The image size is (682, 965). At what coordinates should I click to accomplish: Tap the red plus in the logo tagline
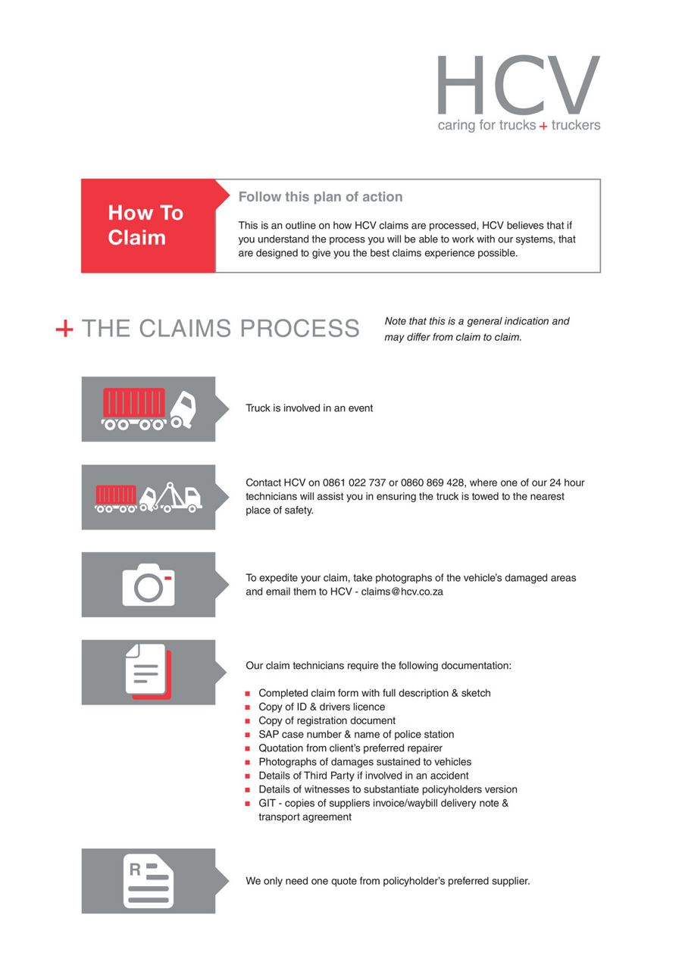(543, 126)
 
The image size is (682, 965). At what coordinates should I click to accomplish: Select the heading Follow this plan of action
(321, 197)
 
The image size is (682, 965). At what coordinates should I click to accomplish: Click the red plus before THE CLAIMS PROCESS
(64, 329)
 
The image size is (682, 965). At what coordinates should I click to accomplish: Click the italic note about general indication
(477, 329)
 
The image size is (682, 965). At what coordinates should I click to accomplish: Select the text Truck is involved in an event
(309, 408)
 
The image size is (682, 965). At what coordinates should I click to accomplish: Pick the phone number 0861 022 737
(355, 482)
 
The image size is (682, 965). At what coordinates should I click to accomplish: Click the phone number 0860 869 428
(433, 482)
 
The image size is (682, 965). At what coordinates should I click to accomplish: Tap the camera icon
(149, 585)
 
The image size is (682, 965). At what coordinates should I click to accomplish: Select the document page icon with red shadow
(148, 671)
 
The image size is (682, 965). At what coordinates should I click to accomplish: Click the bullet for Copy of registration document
(248, 721)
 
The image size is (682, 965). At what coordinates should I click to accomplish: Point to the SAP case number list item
(356, 734)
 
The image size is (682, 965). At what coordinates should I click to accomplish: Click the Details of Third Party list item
(363, 776)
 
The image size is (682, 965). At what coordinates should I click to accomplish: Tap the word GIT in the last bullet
(268, 803)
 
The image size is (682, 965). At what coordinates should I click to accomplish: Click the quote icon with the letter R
(149, 881)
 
